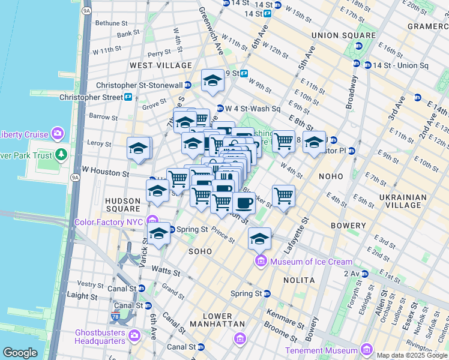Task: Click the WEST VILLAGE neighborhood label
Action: click(x=161, y=65)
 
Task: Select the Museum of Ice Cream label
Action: click(x=311, y=262)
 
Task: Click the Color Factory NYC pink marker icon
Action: click(x=153, y=222)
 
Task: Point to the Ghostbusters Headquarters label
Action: click(x=100, y=337)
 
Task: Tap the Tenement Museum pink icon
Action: click(x=366, y=350)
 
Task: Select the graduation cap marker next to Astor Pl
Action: click(x=313, y=143)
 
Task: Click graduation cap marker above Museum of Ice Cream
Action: click(x=259, y=238)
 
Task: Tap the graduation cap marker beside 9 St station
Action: click(x=212, y=81)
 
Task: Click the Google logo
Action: click(x=20, y=353)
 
